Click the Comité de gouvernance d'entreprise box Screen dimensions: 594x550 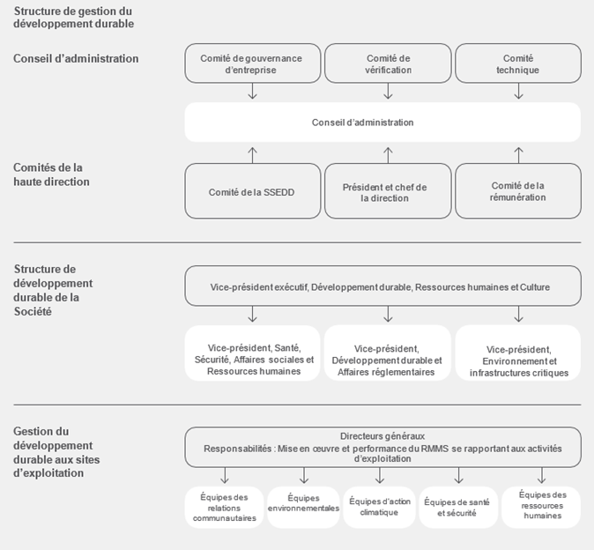(253, 63)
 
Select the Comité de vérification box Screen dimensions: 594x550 (388, 63)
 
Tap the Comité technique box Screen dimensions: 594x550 (518, 63)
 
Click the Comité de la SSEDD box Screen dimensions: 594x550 (253, 191)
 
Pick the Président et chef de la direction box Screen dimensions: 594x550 (388, 191)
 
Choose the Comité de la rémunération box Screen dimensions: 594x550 (518, 191)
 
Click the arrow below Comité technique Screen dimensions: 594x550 (518, 92)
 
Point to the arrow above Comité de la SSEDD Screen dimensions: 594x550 (253, 155)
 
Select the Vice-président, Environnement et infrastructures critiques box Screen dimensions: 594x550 (518, 353)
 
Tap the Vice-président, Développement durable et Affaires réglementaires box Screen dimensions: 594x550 (388, 353)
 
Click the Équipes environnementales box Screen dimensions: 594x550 (303, 507)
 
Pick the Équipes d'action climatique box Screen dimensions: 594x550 (379, 507)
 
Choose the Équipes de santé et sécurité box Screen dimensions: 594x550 (458, 507)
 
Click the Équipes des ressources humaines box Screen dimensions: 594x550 (541, 507)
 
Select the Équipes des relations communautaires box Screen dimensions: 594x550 (224, 507)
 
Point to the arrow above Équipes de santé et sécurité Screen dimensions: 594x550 (459, 475)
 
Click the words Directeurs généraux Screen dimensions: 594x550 (382, 436)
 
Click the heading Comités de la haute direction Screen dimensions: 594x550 (51, 175)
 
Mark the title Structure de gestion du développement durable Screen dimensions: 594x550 (74, 18)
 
